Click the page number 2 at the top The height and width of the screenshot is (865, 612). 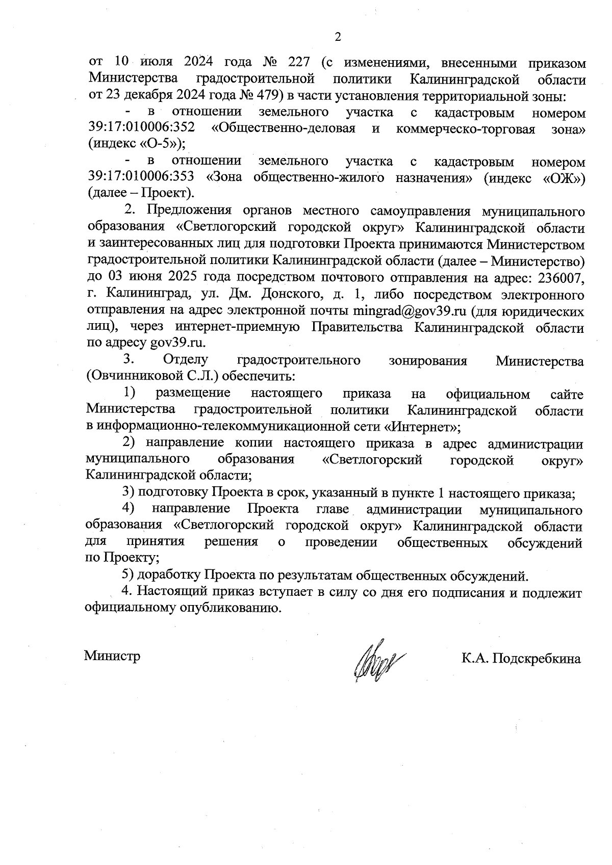tap(337, 37)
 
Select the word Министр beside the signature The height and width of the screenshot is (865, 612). tap(112, 656)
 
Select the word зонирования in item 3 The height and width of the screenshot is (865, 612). tap(427, 360)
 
